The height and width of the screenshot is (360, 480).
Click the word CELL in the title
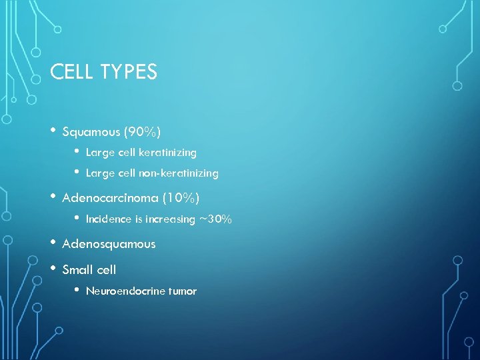[x=70, y=71]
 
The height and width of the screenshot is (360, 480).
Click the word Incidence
[x=107, y=219]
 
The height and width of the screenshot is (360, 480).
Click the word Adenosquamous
[x=109, y=244]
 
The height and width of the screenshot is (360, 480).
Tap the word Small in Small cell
[x=77, y=270]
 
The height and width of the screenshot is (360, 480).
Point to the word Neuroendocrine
[x=126, y=291]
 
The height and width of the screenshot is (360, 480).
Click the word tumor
[x=183, y=291]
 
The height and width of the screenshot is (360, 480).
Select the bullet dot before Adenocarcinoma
[x=53, y=196]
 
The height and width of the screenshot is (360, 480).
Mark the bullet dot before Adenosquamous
[x=53, y=242]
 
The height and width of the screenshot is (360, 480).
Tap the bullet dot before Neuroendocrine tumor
[x=78, y=289]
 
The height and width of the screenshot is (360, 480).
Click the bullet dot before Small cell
[x=53, y=268]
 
